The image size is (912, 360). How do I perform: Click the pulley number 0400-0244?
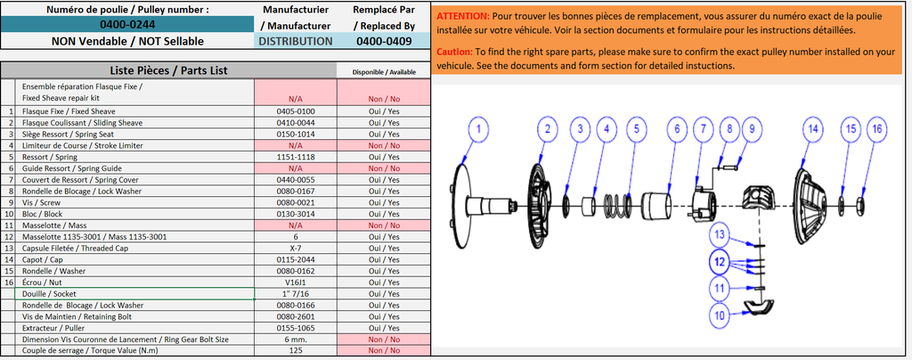click(x=126, y=25)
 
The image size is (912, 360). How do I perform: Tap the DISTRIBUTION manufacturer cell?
click(x=296, y=41)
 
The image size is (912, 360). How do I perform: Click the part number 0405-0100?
click(x=295, y=111)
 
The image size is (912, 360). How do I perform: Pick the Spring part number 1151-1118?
click(x=295, y=156)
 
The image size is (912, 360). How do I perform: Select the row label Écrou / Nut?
click(x=54, y=282)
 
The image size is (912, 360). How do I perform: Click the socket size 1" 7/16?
click(x=295, y=293)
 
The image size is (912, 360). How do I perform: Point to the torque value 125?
click(x=295, y=349)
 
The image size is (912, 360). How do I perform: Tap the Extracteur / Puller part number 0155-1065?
click(x=295, y=327)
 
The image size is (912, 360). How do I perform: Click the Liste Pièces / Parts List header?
click(x=168, y=70)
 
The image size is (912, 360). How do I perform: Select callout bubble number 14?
click(x=811, y=129)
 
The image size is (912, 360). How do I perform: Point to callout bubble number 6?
click(x=676, y=129)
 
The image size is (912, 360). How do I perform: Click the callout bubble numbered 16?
click(x=877, y=129)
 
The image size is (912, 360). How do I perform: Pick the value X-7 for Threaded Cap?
click(x=295, y=248)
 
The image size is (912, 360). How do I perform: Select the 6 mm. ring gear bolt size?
click(x=295, y=339)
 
